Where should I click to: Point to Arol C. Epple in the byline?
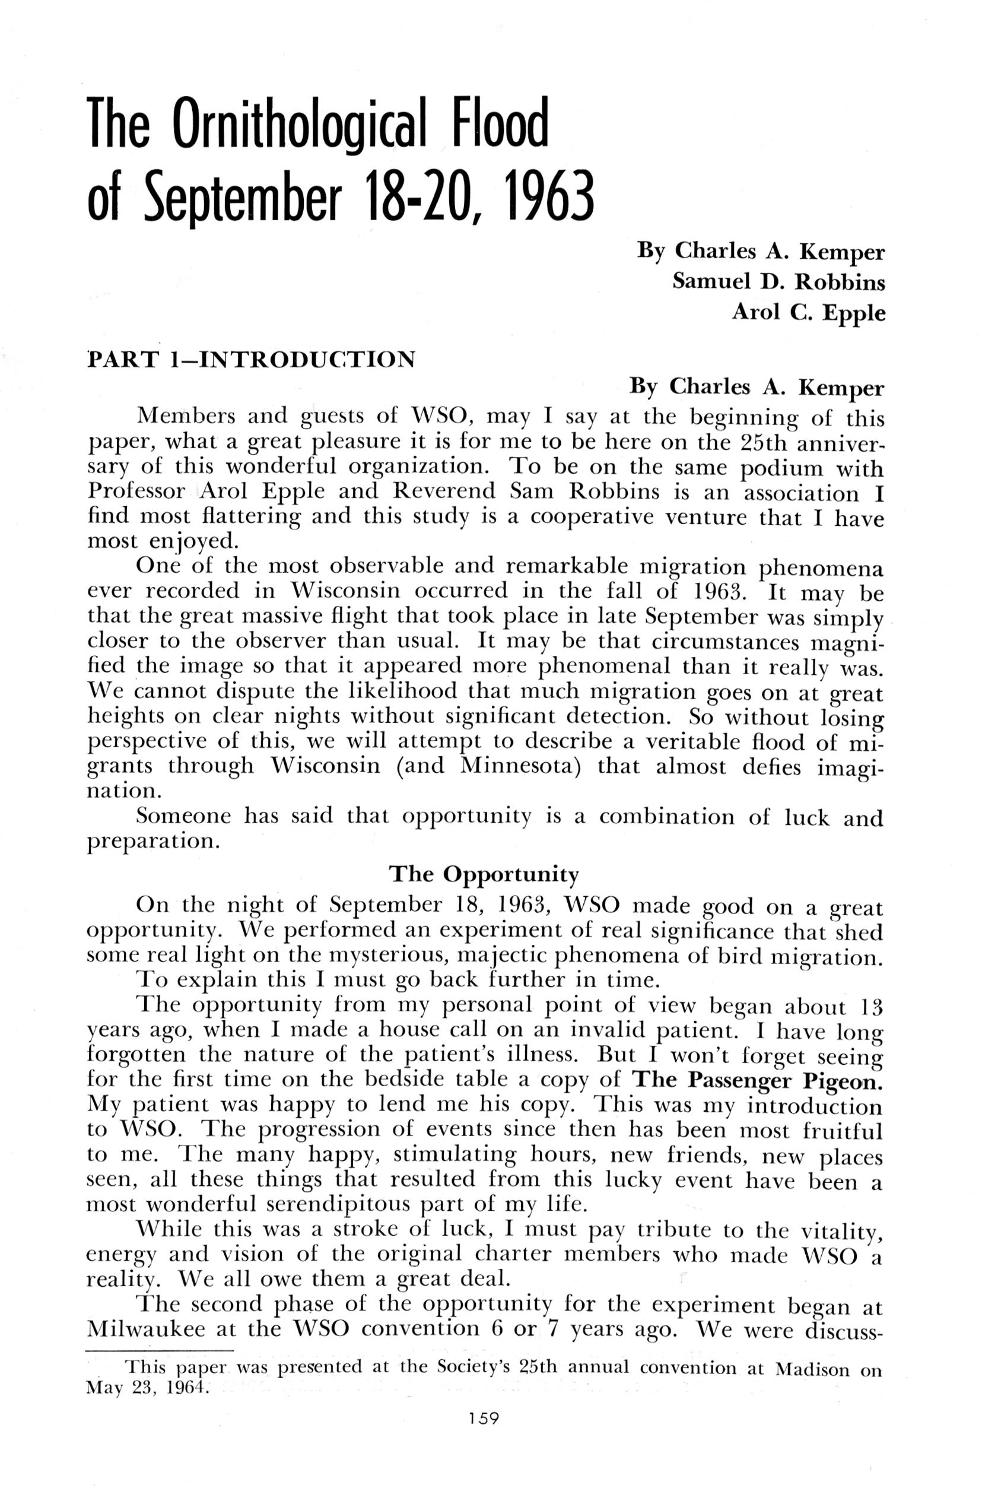[808, 312]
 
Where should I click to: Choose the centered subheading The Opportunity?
[484, 874]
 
